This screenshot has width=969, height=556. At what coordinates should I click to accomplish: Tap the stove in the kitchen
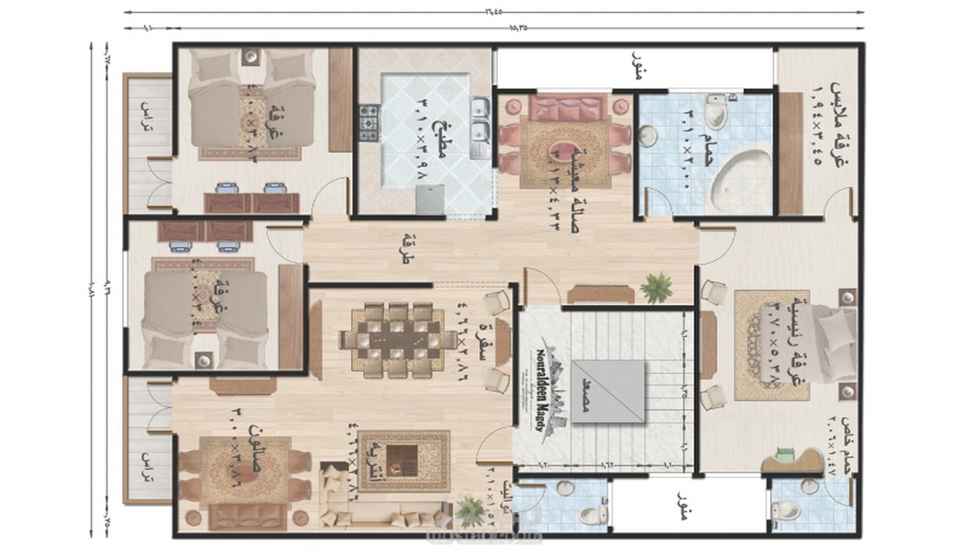[x=369, y=122]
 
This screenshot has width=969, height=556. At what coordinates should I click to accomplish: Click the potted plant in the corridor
[x=656, y=288]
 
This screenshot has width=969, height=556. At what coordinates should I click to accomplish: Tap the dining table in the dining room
[x=398, y=340]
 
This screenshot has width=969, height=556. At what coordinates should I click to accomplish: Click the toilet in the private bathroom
[x=787, y=510]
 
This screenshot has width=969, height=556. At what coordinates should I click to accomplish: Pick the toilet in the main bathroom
[x=717, y=113]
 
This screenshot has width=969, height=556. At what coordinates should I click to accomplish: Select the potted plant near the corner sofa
[x=468, y=510]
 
